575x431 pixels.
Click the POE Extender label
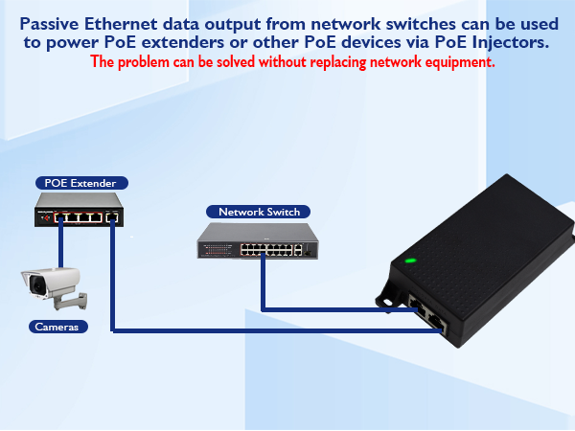pos(81,183)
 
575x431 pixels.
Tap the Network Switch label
pos(258,212)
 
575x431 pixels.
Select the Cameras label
pos(57,327)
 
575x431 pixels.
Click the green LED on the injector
pos(410,261)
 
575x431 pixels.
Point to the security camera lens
pos(36,285)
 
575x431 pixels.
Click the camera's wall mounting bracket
pos(71,301)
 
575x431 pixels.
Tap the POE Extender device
pos(79,210)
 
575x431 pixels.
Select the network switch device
pos(258,240)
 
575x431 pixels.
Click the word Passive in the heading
pos(49,24)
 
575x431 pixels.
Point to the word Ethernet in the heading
pos(121,24)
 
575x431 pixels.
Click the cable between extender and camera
pos(61,242)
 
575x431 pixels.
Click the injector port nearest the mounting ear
pos(417,305)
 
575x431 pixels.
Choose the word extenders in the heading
pos(183,42)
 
